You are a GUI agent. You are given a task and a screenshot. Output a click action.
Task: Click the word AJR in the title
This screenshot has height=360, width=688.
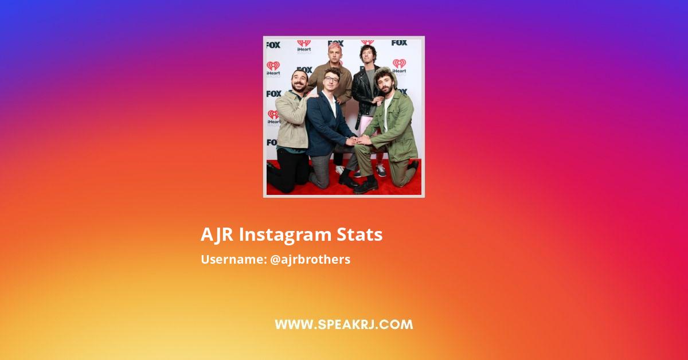tap(217, 234)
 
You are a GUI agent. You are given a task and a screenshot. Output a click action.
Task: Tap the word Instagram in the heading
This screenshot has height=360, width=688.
tap(286, 235)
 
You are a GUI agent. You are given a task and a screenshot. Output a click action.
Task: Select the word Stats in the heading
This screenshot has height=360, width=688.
tap(359, 234)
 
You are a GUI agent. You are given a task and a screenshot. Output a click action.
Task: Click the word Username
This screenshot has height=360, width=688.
tap(234, 259)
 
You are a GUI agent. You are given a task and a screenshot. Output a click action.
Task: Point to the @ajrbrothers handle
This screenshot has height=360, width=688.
tap(310, 259)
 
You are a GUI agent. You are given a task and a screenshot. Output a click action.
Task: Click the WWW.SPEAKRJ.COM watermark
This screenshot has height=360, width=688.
tap(343, 324)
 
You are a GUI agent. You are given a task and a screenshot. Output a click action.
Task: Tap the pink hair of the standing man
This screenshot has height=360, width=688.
tap(334, 47)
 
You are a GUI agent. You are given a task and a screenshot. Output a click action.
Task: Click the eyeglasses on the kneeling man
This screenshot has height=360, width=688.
tap(331, 79)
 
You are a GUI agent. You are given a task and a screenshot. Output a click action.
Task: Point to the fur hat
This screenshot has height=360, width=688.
tap(385, 75)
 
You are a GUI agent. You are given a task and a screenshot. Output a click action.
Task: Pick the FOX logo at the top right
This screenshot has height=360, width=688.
tap(399, 42)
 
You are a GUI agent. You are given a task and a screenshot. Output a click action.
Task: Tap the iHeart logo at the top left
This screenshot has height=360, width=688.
tap(304, 46)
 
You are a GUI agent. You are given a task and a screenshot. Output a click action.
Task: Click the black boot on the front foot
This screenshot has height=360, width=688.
tap(366, 186)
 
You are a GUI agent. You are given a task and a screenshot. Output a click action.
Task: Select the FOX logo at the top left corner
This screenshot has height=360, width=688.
tap(273, 45)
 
